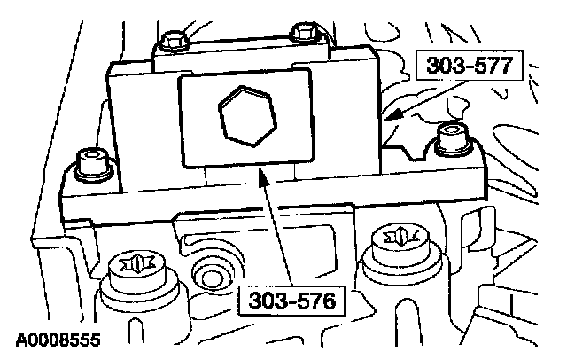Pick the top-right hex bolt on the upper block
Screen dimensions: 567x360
pos(303,31)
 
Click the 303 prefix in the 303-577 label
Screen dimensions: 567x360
pos(441,67)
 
